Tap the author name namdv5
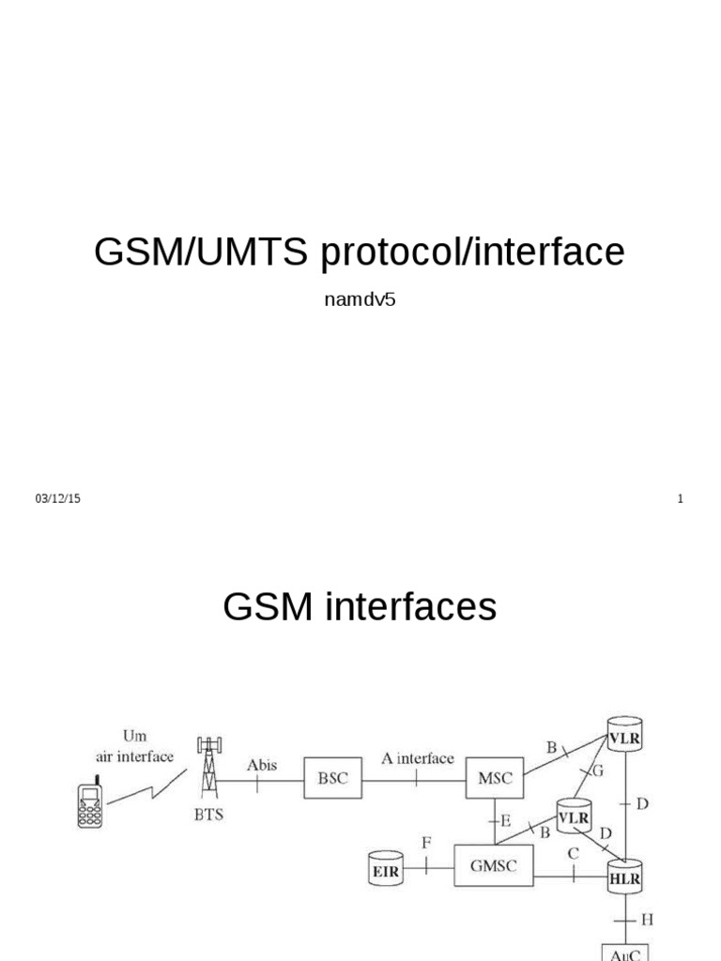click(360, 302)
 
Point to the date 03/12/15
click(58, 499)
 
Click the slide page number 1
click(680, 499)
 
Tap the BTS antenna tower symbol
click(208, 770)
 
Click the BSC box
click(332, 779)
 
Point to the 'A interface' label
click(417, 758)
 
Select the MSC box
click(494, 779)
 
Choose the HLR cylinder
click(623, 877)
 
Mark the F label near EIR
click(427, 843)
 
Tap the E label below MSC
click(506, 819)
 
